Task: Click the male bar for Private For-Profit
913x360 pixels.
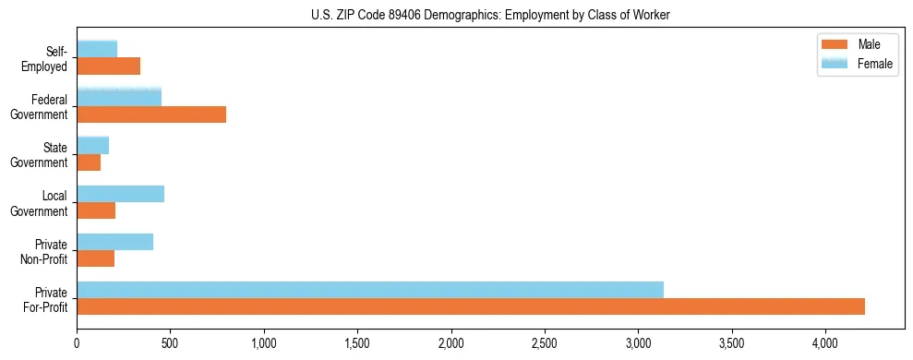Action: click(x=471, y=306)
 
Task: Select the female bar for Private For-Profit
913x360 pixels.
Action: click(x=370, y=290)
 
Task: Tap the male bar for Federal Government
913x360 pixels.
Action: click(x=151, y=114)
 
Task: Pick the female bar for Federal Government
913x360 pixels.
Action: click(x=119, y=98)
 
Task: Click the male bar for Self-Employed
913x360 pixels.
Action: click(x=109, y=66)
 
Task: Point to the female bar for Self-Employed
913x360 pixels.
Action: click(x=97, y=50)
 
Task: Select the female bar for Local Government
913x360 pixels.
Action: click(x=121, y=194)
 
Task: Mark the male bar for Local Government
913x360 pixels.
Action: click(x=96, y=210)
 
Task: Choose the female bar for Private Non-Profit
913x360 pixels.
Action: click(x=115, y=242)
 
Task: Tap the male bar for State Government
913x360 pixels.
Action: click(x=89, y=162)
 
